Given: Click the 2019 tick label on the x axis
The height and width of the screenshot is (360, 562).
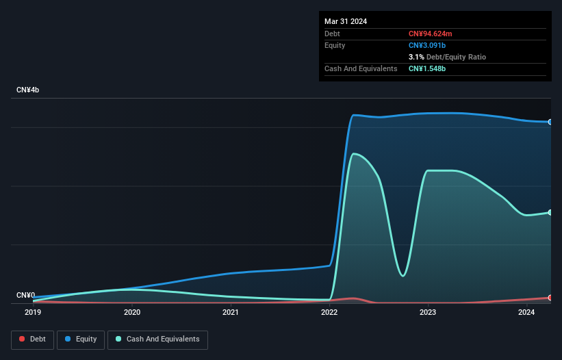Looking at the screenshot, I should pos(33,313).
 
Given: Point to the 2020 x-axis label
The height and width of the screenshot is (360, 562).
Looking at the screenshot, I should pos(132,313).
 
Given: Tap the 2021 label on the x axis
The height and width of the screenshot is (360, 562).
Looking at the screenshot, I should pos(231,313).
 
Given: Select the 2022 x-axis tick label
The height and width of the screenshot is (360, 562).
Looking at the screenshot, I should pos(329,313).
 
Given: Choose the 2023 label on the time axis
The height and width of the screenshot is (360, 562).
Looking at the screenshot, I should pos(428,313).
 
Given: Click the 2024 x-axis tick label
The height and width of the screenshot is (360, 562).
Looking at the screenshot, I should pos(526,313).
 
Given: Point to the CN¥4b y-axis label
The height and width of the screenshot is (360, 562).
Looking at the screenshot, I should pos(28,90).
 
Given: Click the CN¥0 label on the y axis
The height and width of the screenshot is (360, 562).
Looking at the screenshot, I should pos(26,296).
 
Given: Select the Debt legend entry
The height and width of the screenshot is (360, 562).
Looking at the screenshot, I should pos(32,339).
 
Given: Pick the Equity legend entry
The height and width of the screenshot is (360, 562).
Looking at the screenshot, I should pos(81,339).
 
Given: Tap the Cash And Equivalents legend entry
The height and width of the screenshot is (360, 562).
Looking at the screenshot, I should pos(157,339).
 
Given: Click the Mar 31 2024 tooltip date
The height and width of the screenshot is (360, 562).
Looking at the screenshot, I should pos(346,21).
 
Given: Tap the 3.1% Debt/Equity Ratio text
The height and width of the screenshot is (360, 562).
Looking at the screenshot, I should pos(447,57).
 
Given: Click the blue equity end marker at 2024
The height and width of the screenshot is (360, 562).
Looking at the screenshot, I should pos(550,122).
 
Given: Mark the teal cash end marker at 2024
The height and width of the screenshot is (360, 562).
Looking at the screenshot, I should pos(550,212).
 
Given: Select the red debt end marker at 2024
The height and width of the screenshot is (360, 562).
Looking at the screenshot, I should pos(550,298).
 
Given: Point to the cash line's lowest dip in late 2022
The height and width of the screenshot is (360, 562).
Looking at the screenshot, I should pos(403,276).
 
